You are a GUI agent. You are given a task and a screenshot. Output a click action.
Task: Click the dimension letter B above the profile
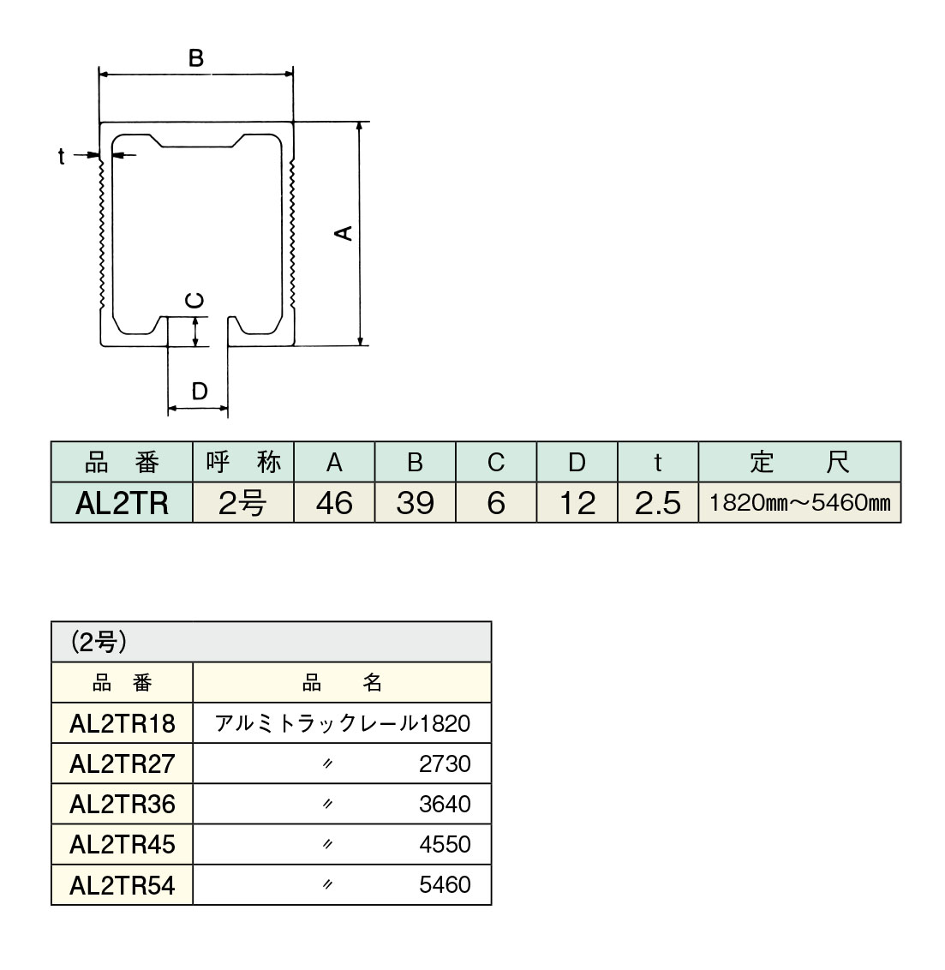(196, 58)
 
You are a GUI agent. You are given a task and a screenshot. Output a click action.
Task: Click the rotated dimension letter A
(343, 232)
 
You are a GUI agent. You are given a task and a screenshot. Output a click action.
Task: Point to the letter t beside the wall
(62, 156)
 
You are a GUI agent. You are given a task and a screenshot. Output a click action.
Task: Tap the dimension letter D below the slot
(199, 392)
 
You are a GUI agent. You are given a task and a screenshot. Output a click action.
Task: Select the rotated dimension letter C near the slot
(196, 300)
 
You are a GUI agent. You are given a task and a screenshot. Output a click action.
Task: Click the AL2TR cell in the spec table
(122, 503)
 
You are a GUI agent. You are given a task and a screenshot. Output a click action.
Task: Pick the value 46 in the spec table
(333, 503)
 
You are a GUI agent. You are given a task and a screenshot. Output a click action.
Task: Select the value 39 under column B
(415, 503)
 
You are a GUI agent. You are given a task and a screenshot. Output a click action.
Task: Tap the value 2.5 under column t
(657, 503)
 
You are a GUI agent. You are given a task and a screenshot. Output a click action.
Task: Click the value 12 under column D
(577, 503)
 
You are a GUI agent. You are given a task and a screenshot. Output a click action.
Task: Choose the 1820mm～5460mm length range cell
(799, 503)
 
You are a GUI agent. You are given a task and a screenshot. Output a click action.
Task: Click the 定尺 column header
(799, 463)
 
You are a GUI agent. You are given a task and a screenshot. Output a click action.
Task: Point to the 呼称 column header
(243, 463)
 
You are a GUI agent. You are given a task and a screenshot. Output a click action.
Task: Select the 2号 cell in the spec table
(243, 503)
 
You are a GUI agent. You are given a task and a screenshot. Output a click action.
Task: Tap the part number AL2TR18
(122, 724)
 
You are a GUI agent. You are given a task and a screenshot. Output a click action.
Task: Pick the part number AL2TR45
(122, 845)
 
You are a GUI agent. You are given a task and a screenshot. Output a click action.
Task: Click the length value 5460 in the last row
(445, 884)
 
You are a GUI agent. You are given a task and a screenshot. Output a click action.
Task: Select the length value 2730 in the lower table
(445, 763)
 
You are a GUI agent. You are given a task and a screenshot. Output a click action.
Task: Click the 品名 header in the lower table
(342, 683)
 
